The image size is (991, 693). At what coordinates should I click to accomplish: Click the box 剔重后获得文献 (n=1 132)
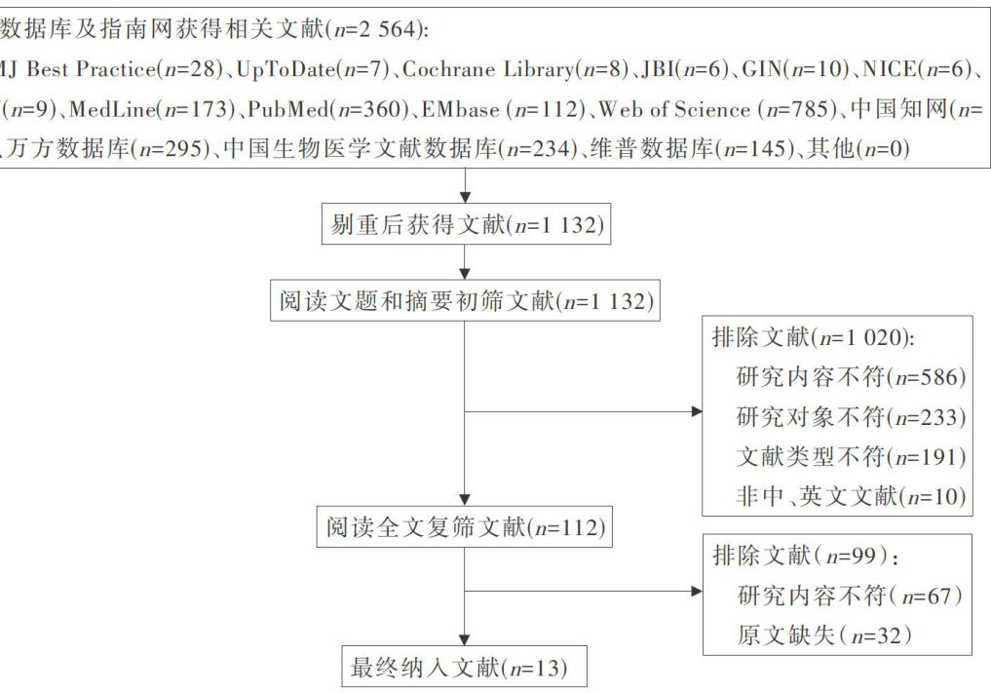click(466, 226)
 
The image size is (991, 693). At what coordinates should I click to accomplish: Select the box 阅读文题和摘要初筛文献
click(466, 301)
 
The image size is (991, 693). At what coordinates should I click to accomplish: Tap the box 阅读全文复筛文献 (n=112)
click(466, 528)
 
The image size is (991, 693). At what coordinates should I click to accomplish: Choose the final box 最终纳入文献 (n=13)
click(466, 669)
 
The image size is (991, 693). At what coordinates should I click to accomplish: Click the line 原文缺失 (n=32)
click(824, 635)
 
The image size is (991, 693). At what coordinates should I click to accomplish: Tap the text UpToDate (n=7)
click(314, 70)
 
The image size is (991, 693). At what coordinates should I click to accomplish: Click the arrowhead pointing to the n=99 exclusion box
click(696, 591)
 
